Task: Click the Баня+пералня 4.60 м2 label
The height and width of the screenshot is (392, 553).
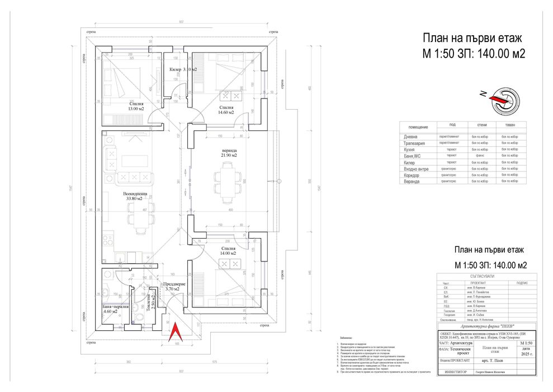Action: tap(116, 309)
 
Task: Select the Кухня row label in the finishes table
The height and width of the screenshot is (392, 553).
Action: tap(410, 150)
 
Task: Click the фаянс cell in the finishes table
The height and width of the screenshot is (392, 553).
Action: tap(480, 156)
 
